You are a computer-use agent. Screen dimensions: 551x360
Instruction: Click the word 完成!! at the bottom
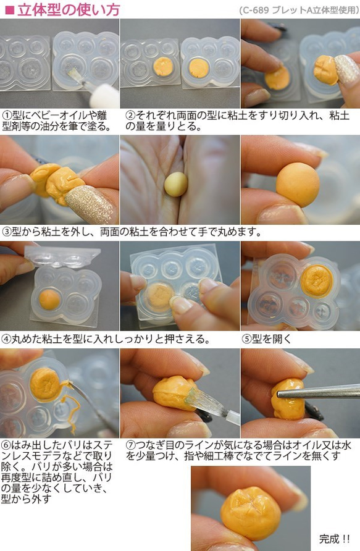point(334,539)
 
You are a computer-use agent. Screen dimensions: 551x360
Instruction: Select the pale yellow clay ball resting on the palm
point(176,184)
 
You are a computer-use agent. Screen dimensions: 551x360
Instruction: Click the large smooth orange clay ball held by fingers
point(298,184)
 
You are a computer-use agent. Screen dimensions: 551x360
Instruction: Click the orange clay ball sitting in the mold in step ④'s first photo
point(49,300)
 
